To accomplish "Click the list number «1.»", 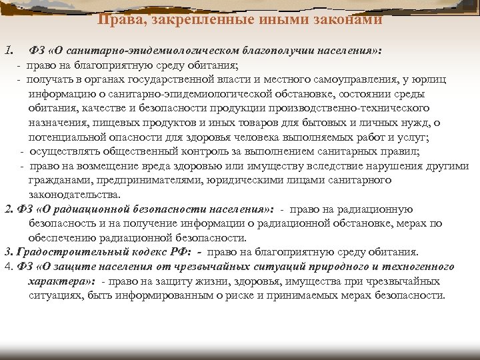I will coord(9,51).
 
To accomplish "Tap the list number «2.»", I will coord(9,209).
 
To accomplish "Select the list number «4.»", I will coord(8,267).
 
